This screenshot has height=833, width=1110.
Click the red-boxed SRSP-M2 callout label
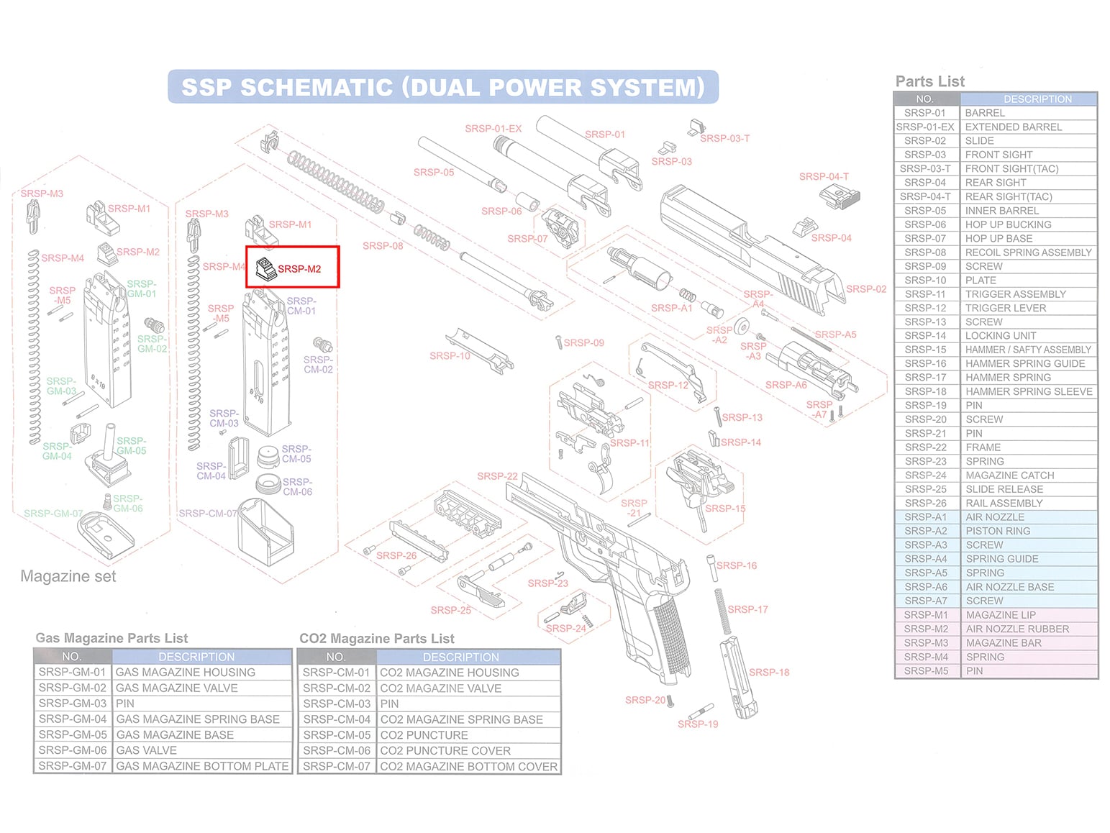tap(299, 269)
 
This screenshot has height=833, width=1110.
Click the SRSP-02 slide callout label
tap(865, 289)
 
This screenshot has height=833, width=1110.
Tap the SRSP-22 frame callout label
tap(497, 476)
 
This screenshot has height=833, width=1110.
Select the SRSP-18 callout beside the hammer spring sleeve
tap(769, 673)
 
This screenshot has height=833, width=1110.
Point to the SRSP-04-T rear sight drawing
tap(840, 196)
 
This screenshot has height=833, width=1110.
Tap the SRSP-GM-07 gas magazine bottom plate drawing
tap(106, 534)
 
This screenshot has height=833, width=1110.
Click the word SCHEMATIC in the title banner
tap(317, 88)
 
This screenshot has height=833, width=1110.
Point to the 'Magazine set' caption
tap(68, 576)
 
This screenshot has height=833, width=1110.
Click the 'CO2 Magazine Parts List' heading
tap(377, 638)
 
